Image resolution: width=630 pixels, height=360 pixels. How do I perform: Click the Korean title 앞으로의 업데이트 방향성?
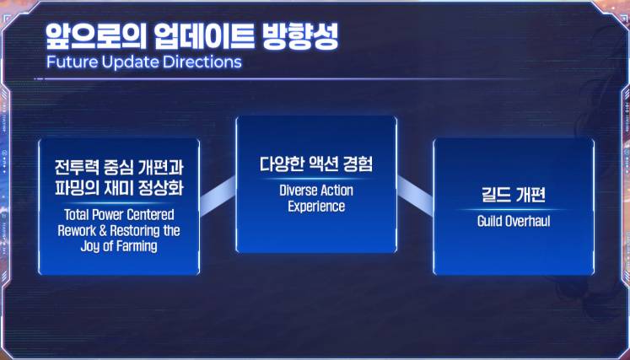[x=191, y=37]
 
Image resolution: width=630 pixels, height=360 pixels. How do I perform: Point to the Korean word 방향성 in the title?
[x=299, y=37]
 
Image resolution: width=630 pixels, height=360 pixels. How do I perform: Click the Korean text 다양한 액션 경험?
[x=316, y=164]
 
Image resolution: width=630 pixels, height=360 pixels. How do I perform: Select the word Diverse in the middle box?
[x=298, y=191]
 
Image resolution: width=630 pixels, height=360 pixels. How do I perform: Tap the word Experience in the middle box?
[x=316, y=207]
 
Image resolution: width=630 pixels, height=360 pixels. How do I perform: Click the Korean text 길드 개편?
[x=514, y=196]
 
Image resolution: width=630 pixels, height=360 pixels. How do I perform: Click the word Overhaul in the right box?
[x=526, y=222]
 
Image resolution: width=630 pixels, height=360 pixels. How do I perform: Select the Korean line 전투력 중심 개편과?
[x=119, y=168]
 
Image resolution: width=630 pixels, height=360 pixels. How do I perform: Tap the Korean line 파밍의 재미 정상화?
[x=119, y=188]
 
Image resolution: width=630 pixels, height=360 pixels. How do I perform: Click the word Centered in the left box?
[x=153, y=214]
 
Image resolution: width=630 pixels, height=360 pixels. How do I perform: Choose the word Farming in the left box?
[x=136, y=247]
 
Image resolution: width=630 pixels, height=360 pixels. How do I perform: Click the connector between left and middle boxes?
[x=218, y=196]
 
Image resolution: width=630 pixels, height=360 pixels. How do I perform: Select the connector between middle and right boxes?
[x=415, y=196]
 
